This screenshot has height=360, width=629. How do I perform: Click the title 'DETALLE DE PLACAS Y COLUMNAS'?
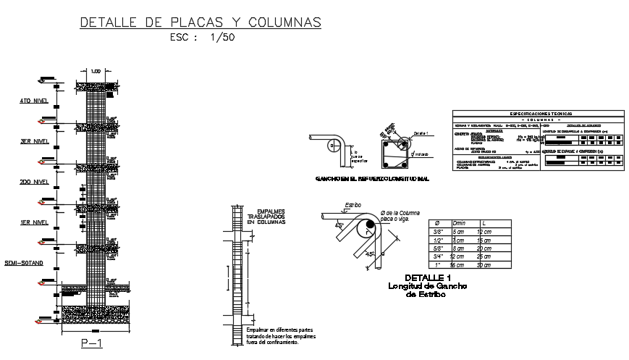click(200, 22)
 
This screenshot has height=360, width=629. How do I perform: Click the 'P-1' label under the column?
click(92, 343)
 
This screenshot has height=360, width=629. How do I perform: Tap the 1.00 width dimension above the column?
click(97, 72)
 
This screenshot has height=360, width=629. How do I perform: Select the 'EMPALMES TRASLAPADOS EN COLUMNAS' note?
click(266, 216)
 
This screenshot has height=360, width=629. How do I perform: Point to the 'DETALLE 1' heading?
click(428, 278)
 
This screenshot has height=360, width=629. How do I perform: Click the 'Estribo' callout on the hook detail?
click(353, 206)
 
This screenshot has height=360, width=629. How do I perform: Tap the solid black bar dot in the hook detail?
click(371, 227)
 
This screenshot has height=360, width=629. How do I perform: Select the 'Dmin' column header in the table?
click(459, 224)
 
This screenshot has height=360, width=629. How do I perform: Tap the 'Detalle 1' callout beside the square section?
click(422, 133)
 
